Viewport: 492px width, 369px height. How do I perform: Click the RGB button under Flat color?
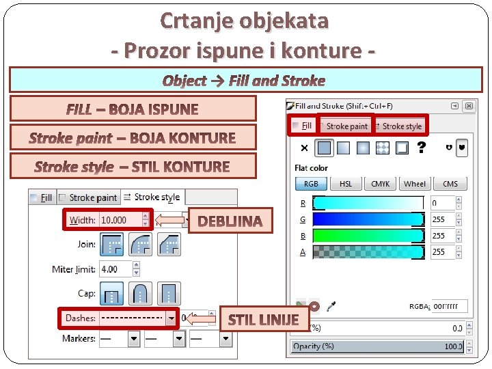click(311, 184)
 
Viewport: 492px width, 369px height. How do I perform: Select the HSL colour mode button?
click(346, 184)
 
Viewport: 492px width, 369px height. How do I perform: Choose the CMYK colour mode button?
click(380, 184)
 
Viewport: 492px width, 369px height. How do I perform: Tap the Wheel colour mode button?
click(415, 184)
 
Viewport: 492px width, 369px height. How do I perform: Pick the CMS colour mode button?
click(450, 184)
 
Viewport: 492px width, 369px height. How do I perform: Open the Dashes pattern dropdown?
click(171, 318)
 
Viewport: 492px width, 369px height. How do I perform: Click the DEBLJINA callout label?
click(230, 221)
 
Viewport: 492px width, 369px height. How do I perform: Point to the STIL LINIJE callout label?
click(263, 319)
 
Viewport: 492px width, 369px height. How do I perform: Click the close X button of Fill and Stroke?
click(469, 106)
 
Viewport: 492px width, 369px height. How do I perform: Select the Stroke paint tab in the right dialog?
click(346, 126)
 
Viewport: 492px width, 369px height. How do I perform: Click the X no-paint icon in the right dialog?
click(304, 148)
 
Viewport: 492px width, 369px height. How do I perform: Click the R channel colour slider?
click(368, 203)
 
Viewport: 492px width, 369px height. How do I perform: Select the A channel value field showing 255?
click(442, 252)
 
